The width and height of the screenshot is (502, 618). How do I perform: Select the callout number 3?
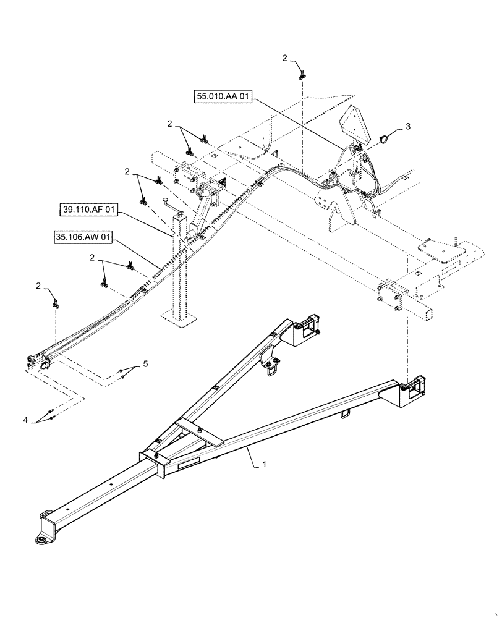point(408,126)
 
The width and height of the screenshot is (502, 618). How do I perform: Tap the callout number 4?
point(26,420)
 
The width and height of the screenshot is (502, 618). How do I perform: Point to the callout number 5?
point(145,364)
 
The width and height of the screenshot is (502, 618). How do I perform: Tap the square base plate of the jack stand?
point(181,319)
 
